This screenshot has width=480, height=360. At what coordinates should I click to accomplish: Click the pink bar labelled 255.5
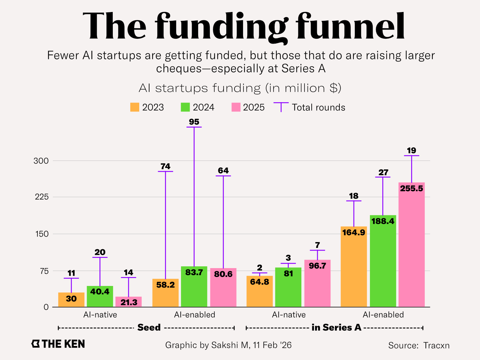411,245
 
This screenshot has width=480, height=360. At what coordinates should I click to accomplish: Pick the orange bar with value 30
71,300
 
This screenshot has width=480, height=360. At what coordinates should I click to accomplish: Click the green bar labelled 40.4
100,297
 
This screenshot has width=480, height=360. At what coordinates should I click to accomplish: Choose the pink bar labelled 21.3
129,302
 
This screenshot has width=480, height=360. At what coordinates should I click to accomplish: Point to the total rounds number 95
194,122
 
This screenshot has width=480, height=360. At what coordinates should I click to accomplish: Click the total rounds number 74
165,166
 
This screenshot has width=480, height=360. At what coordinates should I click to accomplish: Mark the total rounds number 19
411,151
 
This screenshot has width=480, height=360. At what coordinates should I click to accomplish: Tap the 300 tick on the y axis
41,161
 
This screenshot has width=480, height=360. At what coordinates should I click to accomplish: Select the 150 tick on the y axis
41,234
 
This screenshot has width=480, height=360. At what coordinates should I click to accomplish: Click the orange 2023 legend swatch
135,107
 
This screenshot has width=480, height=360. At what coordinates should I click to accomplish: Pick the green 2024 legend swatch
185,107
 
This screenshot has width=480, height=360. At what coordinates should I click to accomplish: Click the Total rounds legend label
319,107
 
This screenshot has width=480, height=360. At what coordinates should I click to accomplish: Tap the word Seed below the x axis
149,327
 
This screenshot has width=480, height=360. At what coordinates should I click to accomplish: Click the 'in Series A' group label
336,327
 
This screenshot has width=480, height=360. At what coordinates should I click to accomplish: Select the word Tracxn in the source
436,345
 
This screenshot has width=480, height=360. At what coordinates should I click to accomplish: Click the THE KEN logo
58,344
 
